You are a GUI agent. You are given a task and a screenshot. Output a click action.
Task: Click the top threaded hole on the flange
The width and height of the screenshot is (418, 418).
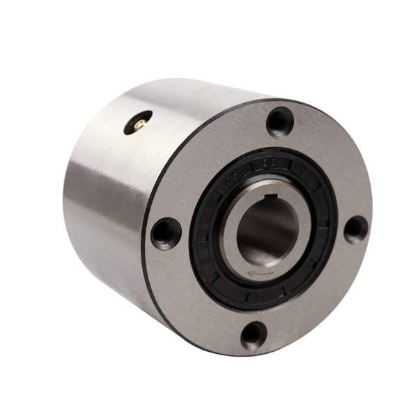[x=280, y=122]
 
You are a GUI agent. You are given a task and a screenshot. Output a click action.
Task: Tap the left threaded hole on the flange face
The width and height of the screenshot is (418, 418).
[x=166, y=233]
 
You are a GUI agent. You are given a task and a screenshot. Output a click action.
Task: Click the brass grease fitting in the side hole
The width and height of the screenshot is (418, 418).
[x=139, y=123]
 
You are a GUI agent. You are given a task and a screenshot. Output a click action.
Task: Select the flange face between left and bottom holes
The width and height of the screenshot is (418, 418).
[x=195, y=300]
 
